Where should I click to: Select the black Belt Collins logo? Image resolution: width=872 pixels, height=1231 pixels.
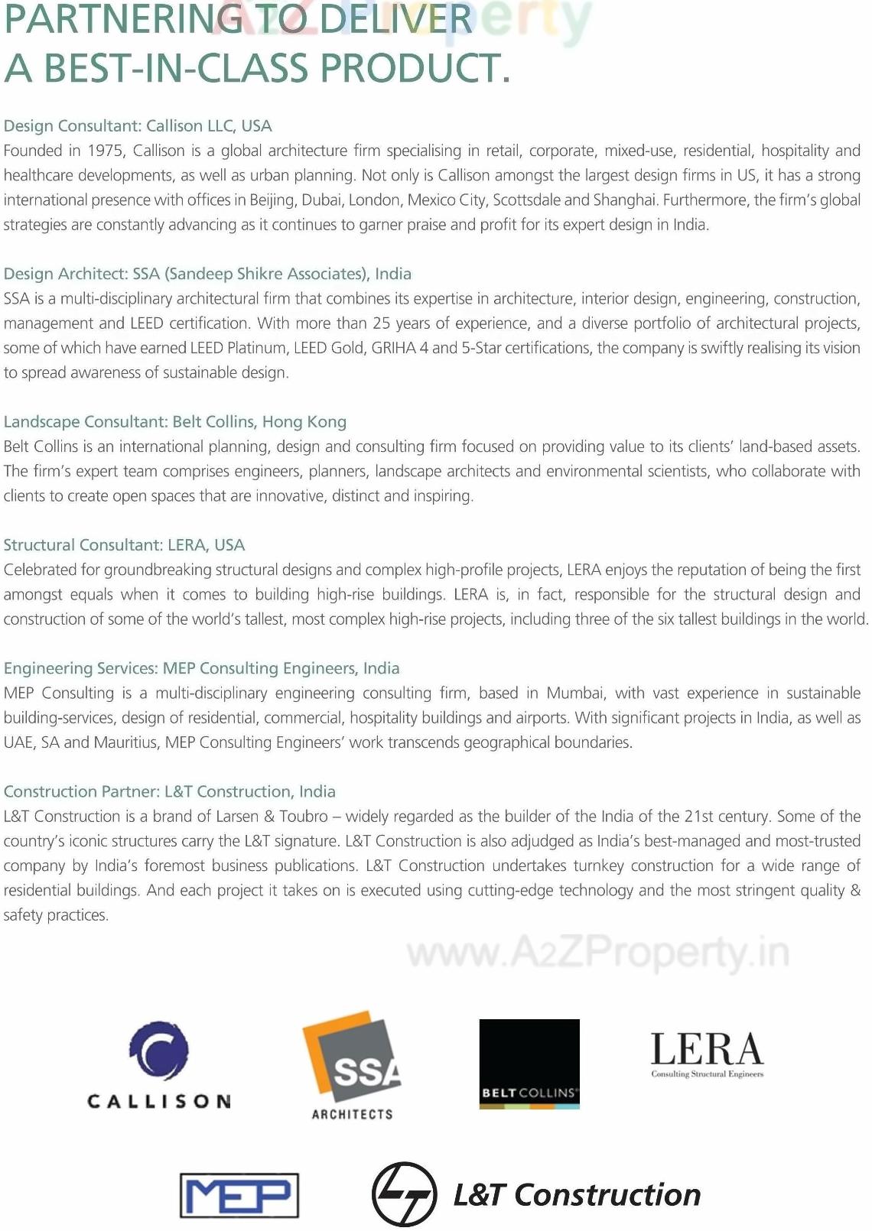pyautogui.click(x=529, y=1064)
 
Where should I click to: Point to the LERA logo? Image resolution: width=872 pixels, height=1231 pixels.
pyautogui.click(x=707, y=1054)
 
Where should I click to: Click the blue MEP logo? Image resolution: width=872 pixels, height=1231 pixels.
pyautogui.click(x=239, y=1195)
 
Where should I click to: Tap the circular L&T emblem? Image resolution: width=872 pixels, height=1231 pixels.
pyautogui.click(x=404, y=1194)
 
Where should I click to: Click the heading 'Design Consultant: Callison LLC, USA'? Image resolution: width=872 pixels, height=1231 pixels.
pyautogui.click(x=138, y=126)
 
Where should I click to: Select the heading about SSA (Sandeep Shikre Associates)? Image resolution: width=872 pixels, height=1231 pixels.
pyautogui.click(x=207, y=274)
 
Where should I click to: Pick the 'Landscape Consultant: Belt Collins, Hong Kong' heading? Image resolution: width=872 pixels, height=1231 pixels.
pyautogui.click(x=174, y=422)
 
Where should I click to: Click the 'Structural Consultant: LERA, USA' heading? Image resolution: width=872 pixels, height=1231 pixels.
pyautogui.click(x=124, y=545)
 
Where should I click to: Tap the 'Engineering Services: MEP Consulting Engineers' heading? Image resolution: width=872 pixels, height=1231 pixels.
pyautogui.click(x=201, y=668)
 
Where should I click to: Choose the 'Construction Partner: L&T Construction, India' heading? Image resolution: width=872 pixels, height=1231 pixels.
pyautogui.click(x=169, y=791)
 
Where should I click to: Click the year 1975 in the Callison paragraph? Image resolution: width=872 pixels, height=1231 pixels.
pyautogui.click(x=106, y=151)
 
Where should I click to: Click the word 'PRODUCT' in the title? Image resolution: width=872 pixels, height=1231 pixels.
pyautogui.click(x=414, y=68)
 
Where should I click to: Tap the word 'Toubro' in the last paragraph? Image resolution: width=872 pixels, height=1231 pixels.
pyautogui.click(x=304, y=817)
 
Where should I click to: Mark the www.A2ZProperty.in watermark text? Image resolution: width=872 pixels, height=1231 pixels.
pyautogui.click(x=597, y=953)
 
